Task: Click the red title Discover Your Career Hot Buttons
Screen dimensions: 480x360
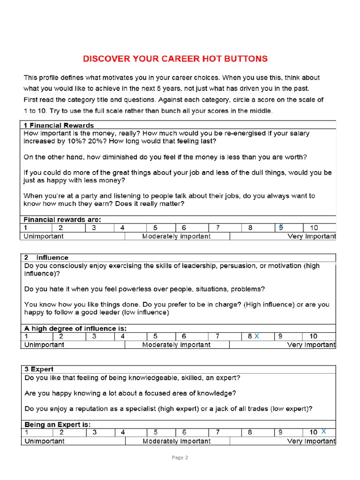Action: tap(175, 59)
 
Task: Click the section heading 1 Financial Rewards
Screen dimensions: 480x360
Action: tap(59, 125)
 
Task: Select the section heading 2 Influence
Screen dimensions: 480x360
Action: tap(46, 257)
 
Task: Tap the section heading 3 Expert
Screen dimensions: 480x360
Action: tap(39, 369)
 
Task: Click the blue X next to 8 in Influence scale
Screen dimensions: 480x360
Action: tap(256, 336)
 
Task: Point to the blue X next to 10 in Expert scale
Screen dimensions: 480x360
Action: tap(323, 432)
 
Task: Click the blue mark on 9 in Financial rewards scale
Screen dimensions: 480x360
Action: tap(281, 226)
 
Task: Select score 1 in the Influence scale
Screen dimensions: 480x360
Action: tap(27, 336)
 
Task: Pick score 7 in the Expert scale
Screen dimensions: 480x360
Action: tap(217, 432)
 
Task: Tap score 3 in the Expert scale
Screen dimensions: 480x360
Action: tap(94, 432)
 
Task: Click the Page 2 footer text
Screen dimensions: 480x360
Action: tap(180, 457)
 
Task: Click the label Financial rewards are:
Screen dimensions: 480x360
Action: tap(62, 219)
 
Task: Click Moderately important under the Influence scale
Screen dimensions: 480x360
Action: tap(176, 345)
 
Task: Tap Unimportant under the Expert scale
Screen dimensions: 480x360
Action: tap(44, 441)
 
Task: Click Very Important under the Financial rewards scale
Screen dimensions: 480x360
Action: tap(311, 236)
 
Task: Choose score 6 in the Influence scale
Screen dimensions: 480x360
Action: tap(184, 336)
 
